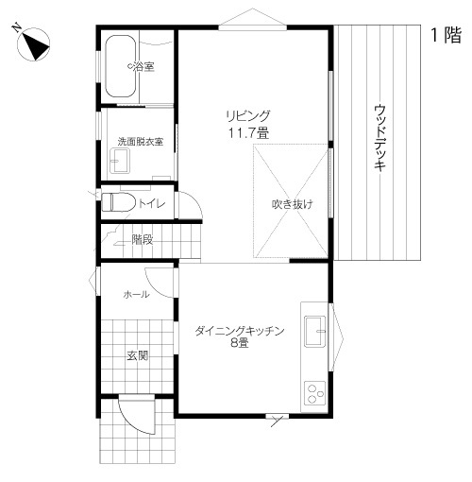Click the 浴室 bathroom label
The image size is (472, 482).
142,67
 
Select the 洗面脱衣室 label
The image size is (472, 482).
140,142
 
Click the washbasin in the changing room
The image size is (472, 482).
119,163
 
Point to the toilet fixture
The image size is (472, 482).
115,202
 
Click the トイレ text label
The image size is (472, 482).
151,203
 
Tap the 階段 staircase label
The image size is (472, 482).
143,240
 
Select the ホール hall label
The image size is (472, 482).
137,295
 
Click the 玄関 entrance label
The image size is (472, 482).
138,356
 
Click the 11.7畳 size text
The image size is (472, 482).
248,134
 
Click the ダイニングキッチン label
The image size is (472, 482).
241,331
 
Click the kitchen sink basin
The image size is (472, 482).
314,331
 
